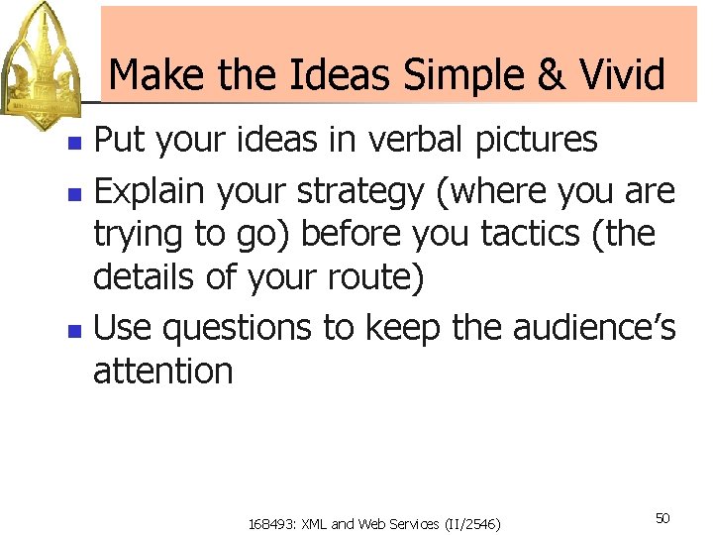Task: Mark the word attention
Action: [162, 371]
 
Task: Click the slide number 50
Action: [662, 518]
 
